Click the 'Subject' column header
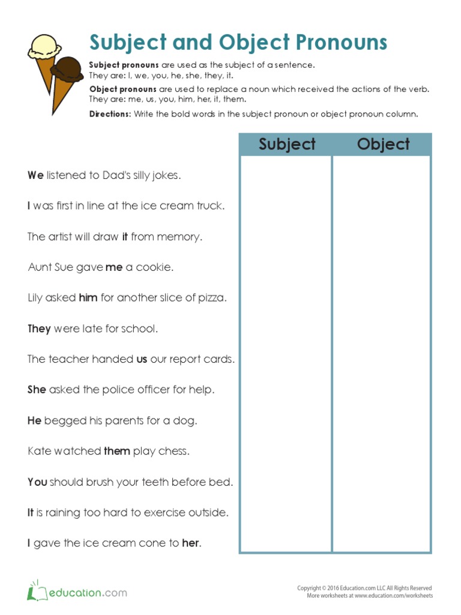(287, 145)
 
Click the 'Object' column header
(383, 145)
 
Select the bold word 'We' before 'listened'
(35, 175)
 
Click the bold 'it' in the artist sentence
(125, 237)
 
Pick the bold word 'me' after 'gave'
(114, 267)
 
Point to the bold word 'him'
(88, 298)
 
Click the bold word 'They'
(39, 329)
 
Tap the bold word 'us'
(142, 359)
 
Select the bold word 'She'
(37, 390)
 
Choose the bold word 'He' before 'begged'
(34, 420)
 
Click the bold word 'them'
(116, 451)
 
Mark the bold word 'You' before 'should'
(37, 482)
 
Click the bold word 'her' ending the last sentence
(190, 543)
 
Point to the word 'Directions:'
(110, 114)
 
